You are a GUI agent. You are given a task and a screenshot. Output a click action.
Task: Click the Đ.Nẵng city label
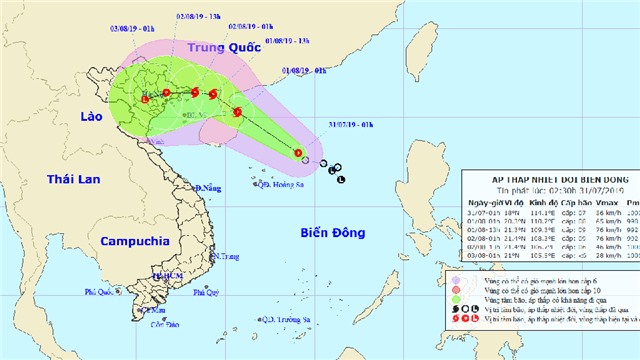click(207, 188)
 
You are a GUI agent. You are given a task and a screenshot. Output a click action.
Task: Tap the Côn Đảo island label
click(164, 324)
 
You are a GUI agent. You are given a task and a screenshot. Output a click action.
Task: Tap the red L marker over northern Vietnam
click(145, 99)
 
